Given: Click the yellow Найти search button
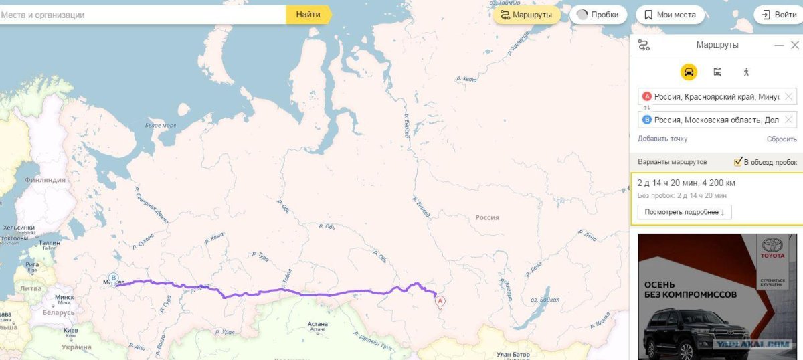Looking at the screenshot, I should coord(308,15).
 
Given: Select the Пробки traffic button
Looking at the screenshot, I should coord(598,15).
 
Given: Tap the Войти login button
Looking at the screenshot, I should coord(778,15).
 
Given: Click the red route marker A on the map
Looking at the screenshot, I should coord(440,302).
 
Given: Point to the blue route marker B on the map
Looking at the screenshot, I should coord(114,278).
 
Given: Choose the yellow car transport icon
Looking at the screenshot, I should coord(689,72).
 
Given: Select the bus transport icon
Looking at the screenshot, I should coord(717,72).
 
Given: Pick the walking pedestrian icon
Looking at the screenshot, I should coord(746,72).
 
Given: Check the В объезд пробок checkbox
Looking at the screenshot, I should coord(739,161).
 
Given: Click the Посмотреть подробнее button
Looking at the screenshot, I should coord(685,212).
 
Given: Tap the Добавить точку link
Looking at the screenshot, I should coord(662,139).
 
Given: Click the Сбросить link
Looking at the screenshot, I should coord(782,139).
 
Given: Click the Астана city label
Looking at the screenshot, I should coord(318,324).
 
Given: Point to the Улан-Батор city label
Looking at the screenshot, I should coord(514,354).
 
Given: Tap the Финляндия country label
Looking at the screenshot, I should coord(45,180).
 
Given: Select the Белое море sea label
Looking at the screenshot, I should coord(161,125).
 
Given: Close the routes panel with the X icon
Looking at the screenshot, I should coord(794,45).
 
